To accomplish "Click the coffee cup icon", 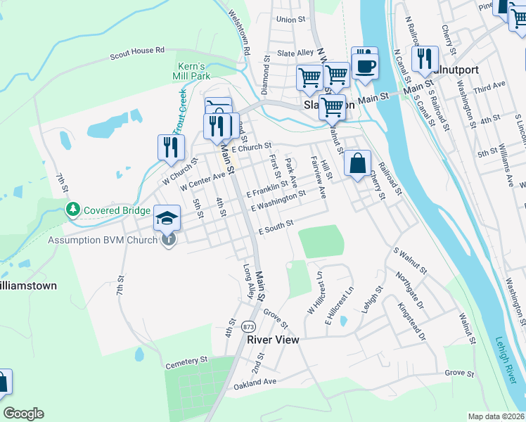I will (364, 66).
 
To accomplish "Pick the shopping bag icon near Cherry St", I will (357, 164).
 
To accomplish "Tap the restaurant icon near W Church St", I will (171, 146).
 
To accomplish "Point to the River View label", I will (273, 340).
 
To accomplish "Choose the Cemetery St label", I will (186, 363).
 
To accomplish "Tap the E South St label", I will (276, 227).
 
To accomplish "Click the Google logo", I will (23, 414).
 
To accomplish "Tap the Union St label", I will (291, 20).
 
